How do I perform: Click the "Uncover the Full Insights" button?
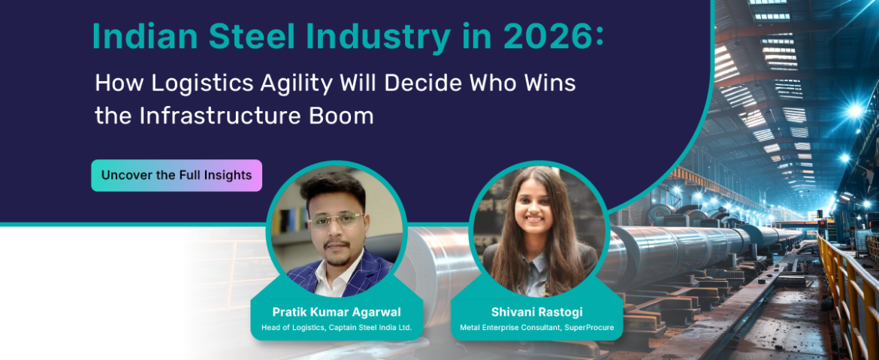(177, 176)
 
